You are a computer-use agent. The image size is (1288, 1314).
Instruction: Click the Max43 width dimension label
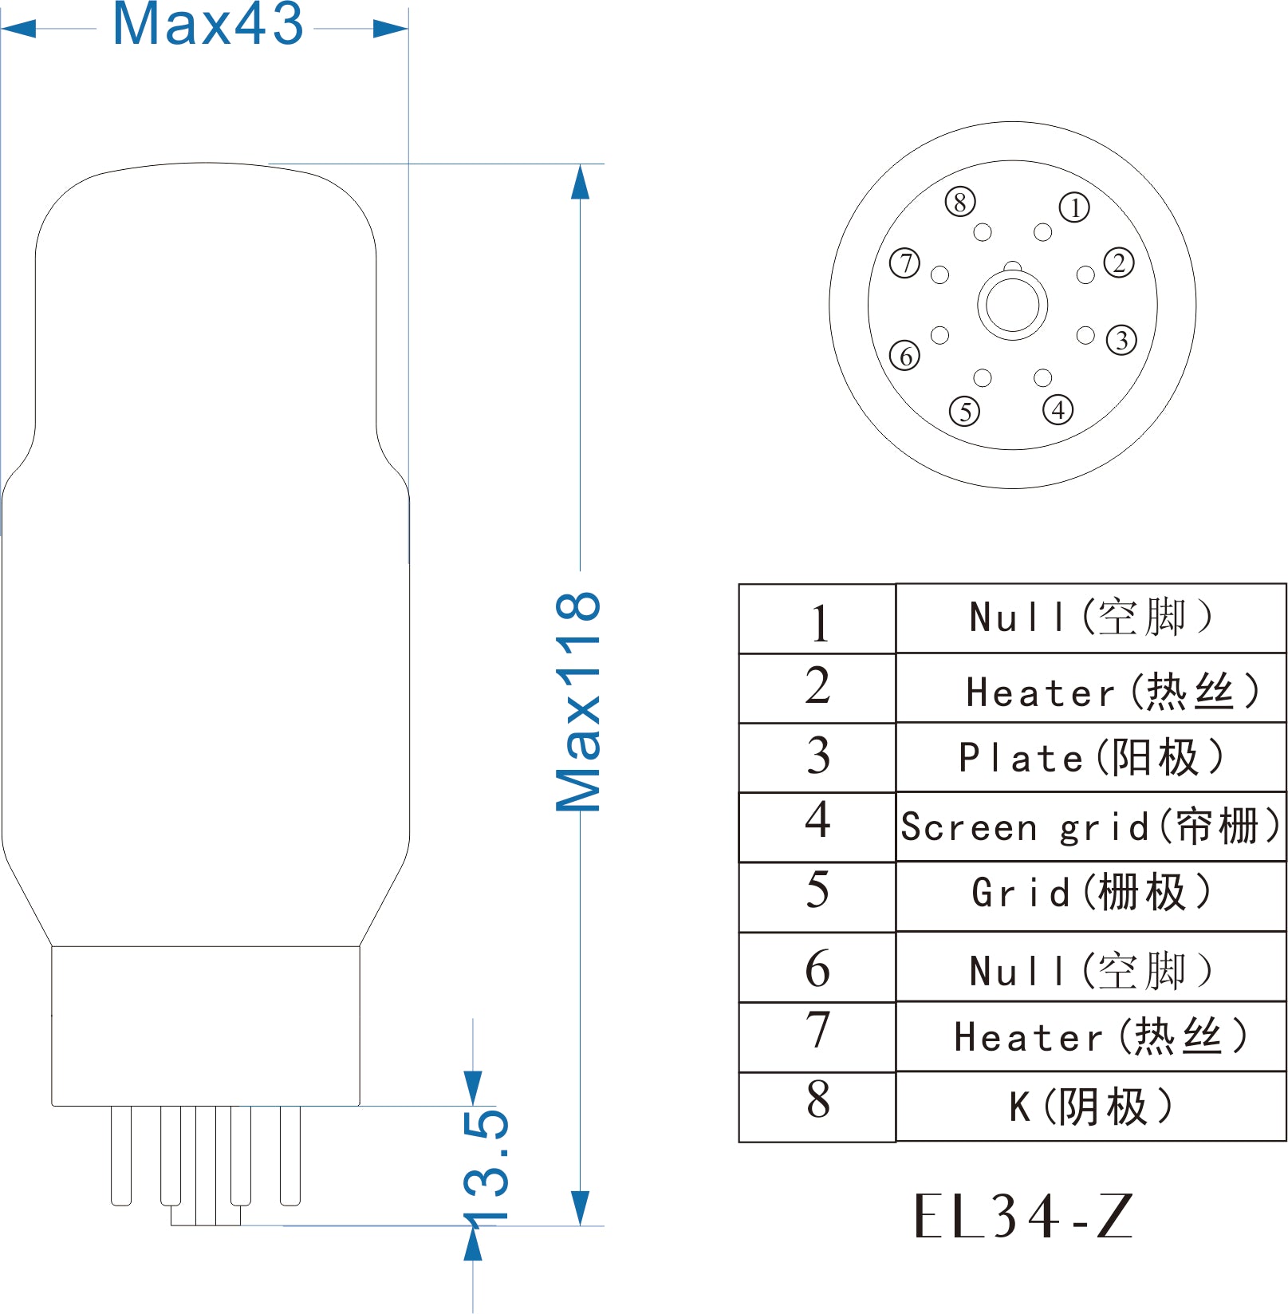208,24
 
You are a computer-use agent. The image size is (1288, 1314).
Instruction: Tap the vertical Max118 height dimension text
578,702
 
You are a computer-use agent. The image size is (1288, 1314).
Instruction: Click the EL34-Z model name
1024,1216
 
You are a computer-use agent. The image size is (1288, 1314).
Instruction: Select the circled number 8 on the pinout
960,202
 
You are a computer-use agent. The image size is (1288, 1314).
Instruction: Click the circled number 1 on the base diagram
1074,207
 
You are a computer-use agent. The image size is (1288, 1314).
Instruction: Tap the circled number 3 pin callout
1121,340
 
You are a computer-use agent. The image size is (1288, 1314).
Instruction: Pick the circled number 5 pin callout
965,412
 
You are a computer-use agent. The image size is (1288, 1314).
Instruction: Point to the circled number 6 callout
905,356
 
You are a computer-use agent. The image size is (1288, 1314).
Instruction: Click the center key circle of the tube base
1013,304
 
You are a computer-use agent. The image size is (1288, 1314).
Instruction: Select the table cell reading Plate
1091,758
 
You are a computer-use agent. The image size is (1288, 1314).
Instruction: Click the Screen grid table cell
1091,827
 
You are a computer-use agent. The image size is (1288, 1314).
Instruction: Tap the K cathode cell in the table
1091,1107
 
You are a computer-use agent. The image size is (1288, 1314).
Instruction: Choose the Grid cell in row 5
1091,896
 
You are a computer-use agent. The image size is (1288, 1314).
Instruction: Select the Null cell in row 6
1091,967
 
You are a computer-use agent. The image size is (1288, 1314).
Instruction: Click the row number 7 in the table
817,1030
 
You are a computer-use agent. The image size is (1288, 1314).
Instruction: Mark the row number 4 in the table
817,819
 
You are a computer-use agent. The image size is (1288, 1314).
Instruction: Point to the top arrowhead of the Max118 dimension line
580,182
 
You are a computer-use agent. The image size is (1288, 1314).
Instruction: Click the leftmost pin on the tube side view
121,1155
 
